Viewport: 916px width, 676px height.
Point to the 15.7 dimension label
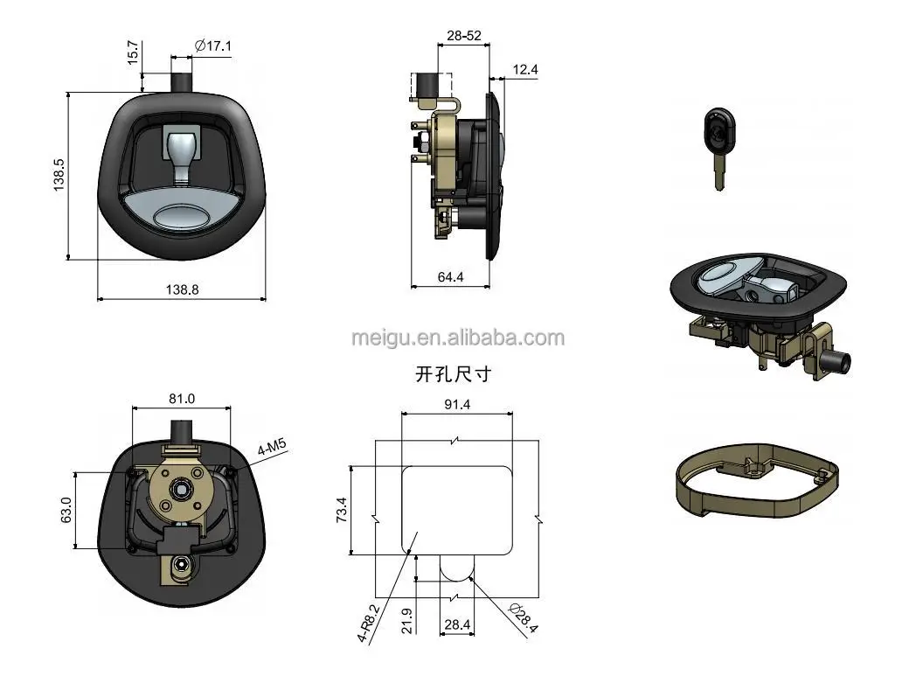pos(132,52)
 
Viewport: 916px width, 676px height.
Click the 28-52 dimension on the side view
pos(462,36)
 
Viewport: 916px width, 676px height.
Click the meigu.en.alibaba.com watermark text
pos(457,338)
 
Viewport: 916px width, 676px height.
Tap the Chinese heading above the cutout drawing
pos(453,375)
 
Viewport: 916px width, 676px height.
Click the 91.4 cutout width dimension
pos(457,405)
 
